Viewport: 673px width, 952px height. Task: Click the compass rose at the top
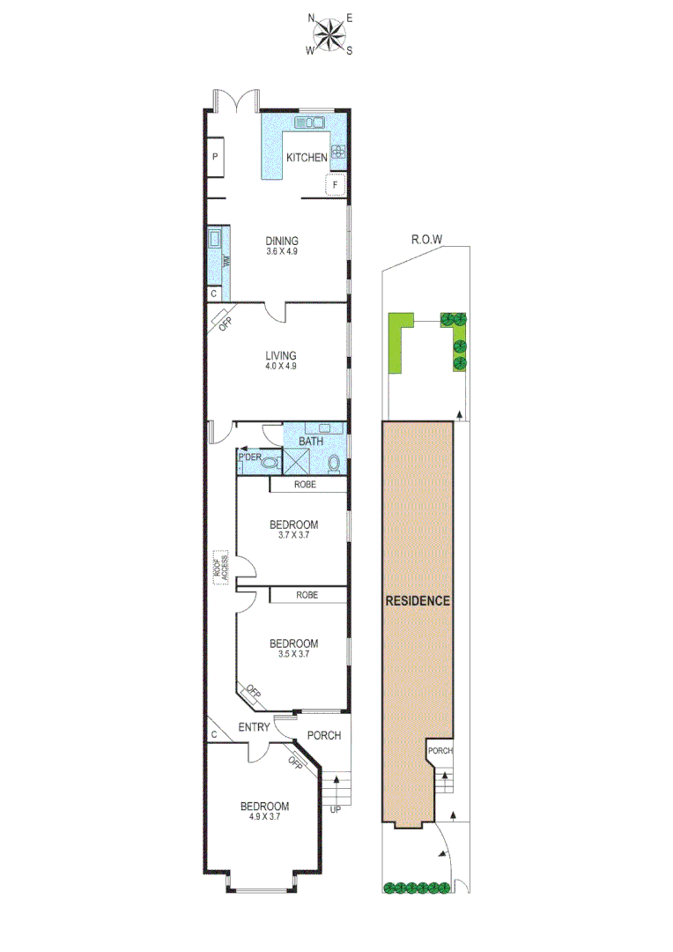coord(329,34)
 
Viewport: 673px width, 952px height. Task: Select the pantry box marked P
coord(216,158)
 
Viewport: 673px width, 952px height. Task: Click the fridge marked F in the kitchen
coord(335,185)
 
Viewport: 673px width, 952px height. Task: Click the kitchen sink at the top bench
coord(310,123)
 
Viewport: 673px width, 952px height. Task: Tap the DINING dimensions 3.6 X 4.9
coord(282,251)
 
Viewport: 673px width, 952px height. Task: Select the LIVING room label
coord(281,355)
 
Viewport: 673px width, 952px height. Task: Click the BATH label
coord(310,441)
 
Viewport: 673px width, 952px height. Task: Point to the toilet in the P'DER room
coord(270,461)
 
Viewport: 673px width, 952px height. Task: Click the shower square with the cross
coord(295,460)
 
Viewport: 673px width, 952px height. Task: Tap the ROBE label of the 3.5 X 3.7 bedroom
coord(307,595)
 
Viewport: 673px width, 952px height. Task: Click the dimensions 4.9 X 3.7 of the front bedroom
coord(264,817)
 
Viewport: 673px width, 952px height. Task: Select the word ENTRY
coord(255,727)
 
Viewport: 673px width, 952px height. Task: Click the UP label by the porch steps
coord(335,809)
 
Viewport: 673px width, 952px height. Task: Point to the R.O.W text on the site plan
coord(426,239)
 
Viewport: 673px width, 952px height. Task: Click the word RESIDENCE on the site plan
coord(418,601)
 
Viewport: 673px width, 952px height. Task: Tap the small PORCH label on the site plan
coord(440,751)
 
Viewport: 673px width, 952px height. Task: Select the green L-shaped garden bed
coord(399,342)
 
